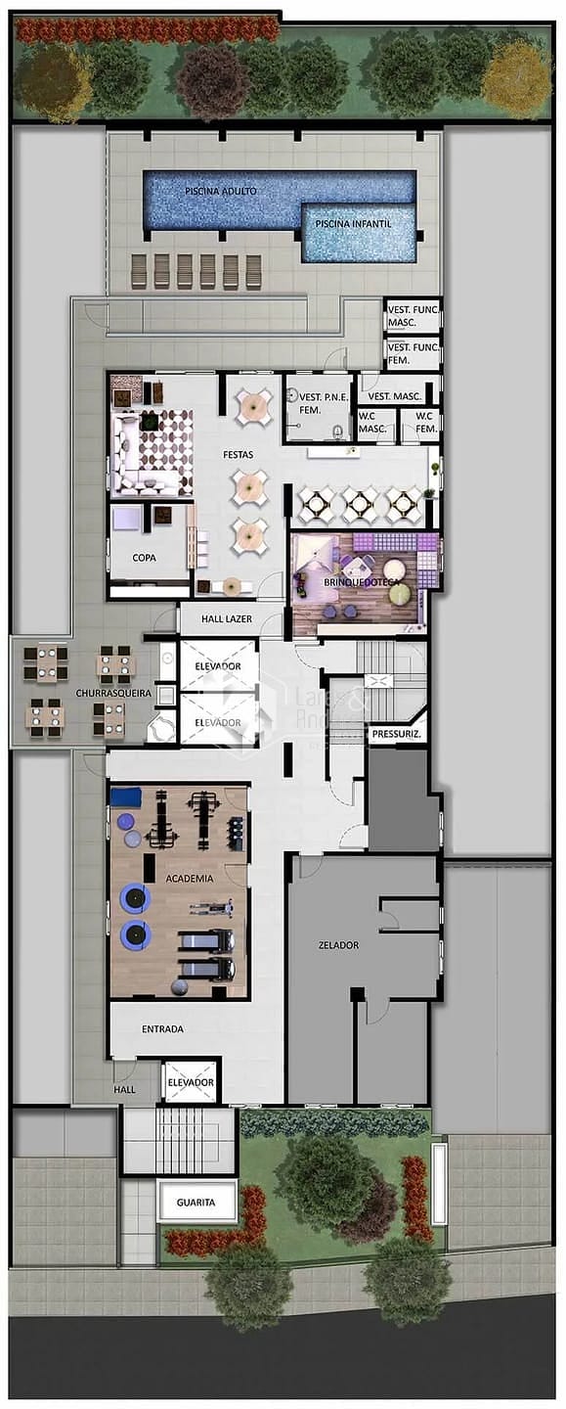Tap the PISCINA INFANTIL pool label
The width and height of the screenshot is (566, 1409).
353,224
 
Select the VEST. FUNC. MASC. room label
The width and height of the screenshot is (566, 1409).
413,315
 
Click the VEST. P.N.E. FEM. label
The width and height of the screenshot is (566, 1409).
318,404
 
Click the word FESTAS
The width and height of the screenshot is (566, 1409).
238,455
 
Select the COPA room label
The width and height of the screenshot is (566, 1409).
145,557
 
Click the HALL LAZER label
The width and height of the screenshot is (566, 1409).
227,619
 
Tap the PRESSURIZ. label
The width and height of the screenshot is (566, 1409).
396,734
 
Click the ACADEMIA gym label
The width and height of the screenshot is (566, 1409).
190,879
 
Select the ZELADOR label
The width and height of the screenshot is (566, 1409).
338,945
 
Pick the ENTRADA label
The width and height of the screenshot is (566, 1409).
162,1029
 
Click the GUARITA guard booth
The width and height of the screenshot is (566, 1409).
196,1203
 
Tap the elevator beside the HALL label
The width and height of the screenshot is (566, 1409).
191,1082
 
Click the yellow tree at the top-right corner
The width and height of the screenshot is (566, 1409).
517,77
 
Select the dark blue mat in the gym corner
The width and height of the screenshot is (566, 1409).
127,796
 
